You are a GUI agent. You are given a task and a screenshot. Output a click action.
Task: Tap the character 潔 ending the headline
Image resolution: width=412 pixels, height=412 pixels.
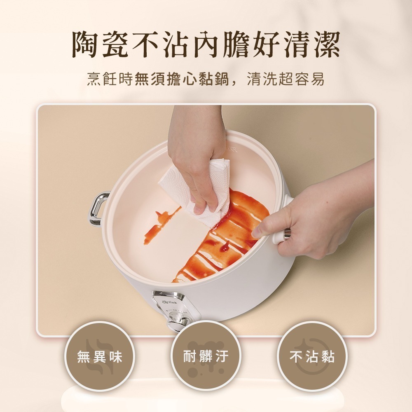coord(324,44)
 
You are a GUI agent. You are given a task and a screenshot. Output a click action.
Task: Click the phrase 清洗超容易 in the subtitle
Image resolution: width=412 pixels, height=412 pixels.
coord(286,79)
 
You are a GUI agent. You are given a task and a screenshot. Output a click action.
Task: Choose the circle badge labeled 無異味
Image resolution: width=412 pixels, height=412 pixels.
coord(100,356)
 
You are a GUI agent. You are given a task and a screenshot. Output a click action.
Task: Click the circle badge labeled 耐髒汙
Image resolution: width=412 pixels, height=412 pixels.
coord(206,356)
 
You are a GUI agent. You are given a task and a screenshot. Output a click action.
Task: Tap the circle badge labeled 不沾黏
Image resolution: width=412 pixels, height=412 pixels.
coord(312,356)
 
